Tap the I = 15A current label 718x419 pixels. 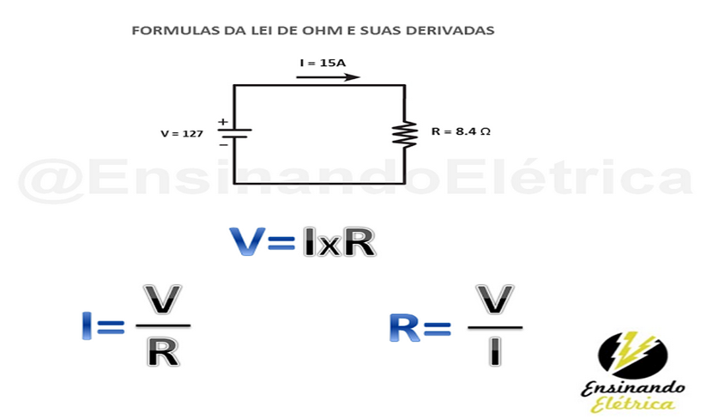pos(323,63)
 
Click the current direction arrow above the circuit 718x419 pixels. pos(328,77)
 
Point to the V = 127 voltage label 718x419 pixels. pos(182,134)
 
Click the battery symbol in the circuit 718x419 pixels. pos(234,134)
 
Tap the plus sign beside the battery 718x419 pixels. pos(223,122)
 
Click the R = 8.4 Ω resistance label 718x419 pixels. pos(461,132)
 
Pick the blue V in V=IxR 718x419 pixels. pos(248,242)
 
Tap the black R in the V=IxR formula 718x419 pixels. pos(359,242)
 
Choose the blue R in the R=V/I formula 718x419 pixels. pos(405,325)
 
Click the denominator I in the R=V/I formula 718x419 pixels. pos(494,351)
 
